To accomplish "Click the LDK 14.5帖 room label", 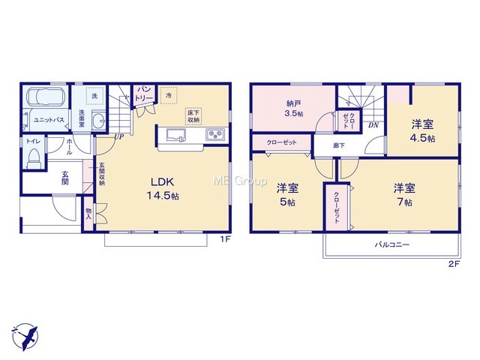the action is pyautogui.click(x=163, y=188).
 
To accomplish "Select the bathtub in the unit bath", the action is pyautogui.click(x=46, y=97).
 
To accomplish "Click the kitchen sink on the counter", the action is pyautogui.click(x=176, y=135).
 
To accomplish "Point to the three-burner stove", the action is pyautogui.click(x=215, y=134).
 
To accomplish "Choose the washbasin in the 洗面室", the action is pyautogui.click(x=98, y=121).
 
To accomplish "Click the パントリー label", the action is pyautogui.click(x=144, y=93).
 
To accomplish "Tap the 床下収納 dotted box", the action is pyautogui.click(x=193, y=116).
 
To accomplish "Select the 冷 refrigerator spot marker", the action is pyautogui.click(x=169, y=95).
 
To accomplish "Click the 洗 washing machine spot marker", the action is pyautogui.click(x=95, y=96).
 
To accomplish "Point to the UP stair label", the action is pyautogui.click(x=118, y=137).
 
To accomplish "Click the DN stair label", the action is pyautogui.click(x=373, y=125).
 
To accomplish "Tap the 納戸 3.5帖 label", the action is pyautogui.click(x=294, y=108).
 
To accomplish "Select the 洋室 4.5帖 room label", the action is pyautogui.click(x=422, y=131).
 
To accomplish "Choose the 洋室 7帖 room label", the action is pyautogui.click(x=404, y=195).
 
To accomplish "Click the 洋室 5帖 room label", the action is pyautogui.click(x=287, y=195).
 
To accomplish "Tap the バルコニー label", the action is pyautogui.click(x=392, y=244).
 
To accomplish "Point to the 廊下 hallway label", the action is pyautogui.click(x=339, y=145).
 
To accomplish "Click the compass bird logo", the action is pyautogui.click(x=25, y=337).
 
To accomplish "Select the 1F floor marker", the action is pyautogui.click(x=225, y=239).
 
